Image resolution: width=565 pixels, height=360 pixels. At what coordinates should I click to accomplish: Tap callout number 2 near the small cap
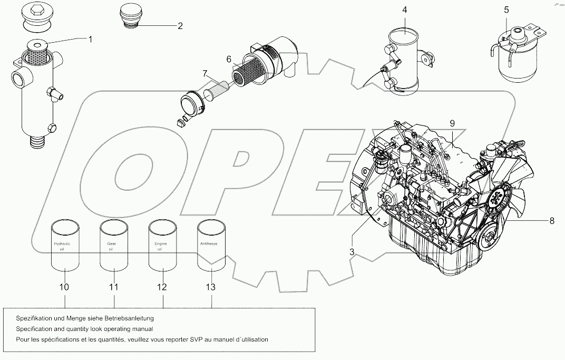click(x=180, y=25)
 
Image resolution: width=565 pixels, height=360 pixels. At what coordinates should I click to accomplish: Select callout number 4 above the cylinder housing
click(x=404, y=9)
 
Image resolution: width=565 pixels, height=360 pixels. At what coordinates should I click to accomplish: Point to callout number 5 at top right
click(x=506, y=9)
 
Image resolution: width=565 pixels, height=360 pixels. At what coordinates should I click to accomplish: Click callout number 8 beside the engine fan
click(x=552, y=221)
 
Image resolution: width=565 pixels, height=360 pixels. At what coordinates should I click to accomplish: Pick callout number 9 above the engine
click(x=452, y=123)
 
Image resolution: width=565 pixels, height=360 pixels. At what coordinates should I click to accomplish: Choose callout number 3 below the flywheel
click(x=351, y=252)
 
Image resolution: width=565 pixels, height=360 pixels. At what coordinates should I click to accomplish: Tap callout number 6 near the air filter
click(x=229, y=60)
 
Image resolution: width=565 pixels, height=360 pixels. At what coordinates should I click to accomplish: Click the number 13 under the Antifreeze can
click(x=211, y=287)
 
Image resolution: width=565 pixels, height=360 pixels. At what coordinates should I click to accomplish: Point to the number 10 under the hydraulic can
click(x=64, y=287)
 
